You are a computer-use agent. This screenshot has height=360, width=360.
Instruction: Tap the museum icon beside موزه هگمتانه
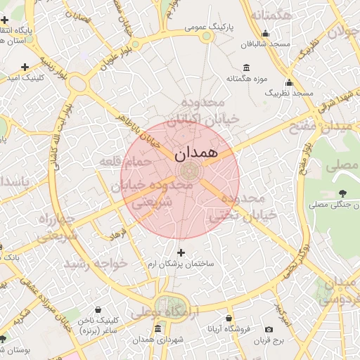pyautogui.click(x=246, y=67)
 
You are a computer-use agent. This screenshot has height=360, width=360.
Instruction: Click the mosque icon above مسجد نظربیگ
pyautogui.click(x=289, y=82)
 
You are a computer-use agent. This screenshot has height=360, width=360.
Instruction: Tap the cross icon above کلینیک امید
pyautogui.click(x=25, y=67)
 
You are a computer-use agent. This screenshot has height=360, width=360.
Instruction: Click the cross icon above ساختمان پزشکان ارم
pyautogui.click(x=181, y=252)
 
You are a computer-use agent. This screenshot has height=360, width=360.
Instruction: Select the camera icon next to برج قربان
pyautogui.click(x=269, y=329)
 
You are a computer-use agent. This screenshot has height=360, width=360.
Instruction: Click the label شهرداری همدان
pyautogui.click(x=161, y=340)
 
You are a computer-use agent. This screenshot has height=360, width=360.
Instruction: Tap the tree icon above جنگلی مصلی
pyautogui.click(x=342, y=193)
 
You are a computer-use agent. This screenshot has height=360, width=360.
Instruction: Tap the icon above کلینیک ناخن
pyautogui.click(x=97, y=308)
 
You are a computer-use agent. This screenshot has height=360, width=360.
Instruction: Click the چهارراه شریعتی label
pyautogui.click(x=42, y=226)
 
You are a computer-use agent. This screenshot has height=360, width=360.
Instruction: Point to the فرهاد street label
pyautogui.click(x=117, y=231)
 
